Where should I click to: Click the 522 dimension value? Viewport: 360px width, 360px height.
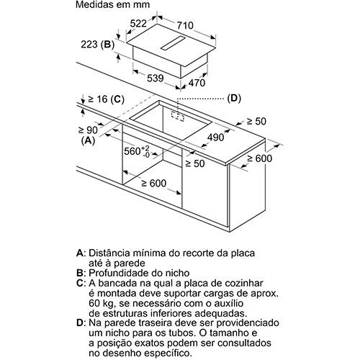(x=138, y=23)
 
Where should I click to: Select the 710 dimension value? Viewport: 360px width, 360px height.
(x=185, y=25)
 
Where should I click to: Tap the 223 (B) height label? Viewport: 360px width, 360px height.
(x=97, y=45)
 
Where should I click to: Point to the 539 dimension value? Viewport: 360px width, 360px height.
(x=156, y=78)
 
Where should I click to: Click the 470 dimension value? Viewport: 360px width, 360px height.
(x=197, y=83)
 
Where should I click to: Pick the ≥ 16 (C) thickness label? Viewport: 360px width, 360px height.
(x=106, y=99)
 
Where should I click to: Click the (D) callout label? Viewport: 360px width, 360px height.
(x=234, y=98)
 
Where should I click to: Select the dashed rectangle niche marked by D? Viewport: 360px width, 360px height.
(x=178, y=116)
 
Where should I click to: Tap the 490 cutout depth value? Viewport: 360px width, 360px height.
(x=215, y=138)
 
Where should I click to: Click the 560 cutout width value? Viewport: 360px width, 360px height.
(x=137, y=151)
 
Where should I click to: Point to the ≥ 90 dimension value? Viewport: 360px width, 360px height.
(x=88, y=130)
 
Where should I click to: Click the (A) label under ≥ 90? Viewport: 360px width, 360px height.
(x=89, y=140)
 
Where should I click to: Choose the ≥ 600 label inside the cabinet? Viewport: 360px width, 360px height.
(x=154, y=184)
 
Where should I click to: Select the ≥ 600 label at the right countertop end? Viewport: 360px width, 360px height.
(x=260, y=158)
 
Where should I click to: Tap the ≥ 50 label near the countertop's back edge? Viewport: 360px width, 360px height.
(x=256, y=122)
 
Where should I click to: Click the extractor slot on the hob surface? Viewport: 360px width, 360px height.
(x=173, y=43)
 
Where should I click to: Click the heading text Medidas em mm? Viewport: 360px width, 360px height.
(x=113, y=4)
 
